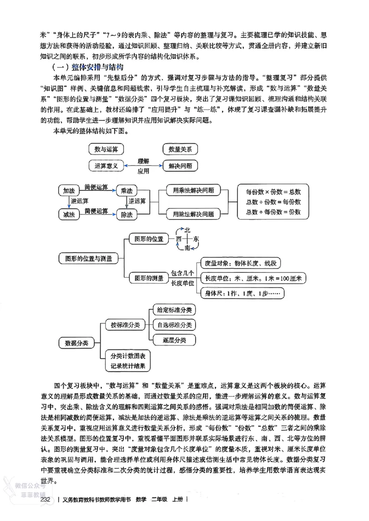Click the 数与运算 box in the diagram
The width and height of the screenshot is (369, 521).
106,149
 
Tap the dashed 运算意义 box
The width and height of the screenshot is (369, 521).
106,165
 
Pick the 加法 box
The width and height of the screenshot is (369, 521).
69,191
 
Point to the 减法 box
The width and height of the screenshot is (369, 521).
69,214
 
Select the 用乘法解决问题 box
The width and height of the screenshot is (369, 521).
193,190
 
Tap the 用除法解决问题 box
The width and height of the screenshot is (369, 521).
193,214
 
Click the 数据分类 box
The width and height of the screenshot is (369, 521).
76,343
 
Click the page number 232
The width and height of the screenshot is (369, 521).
45,499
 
